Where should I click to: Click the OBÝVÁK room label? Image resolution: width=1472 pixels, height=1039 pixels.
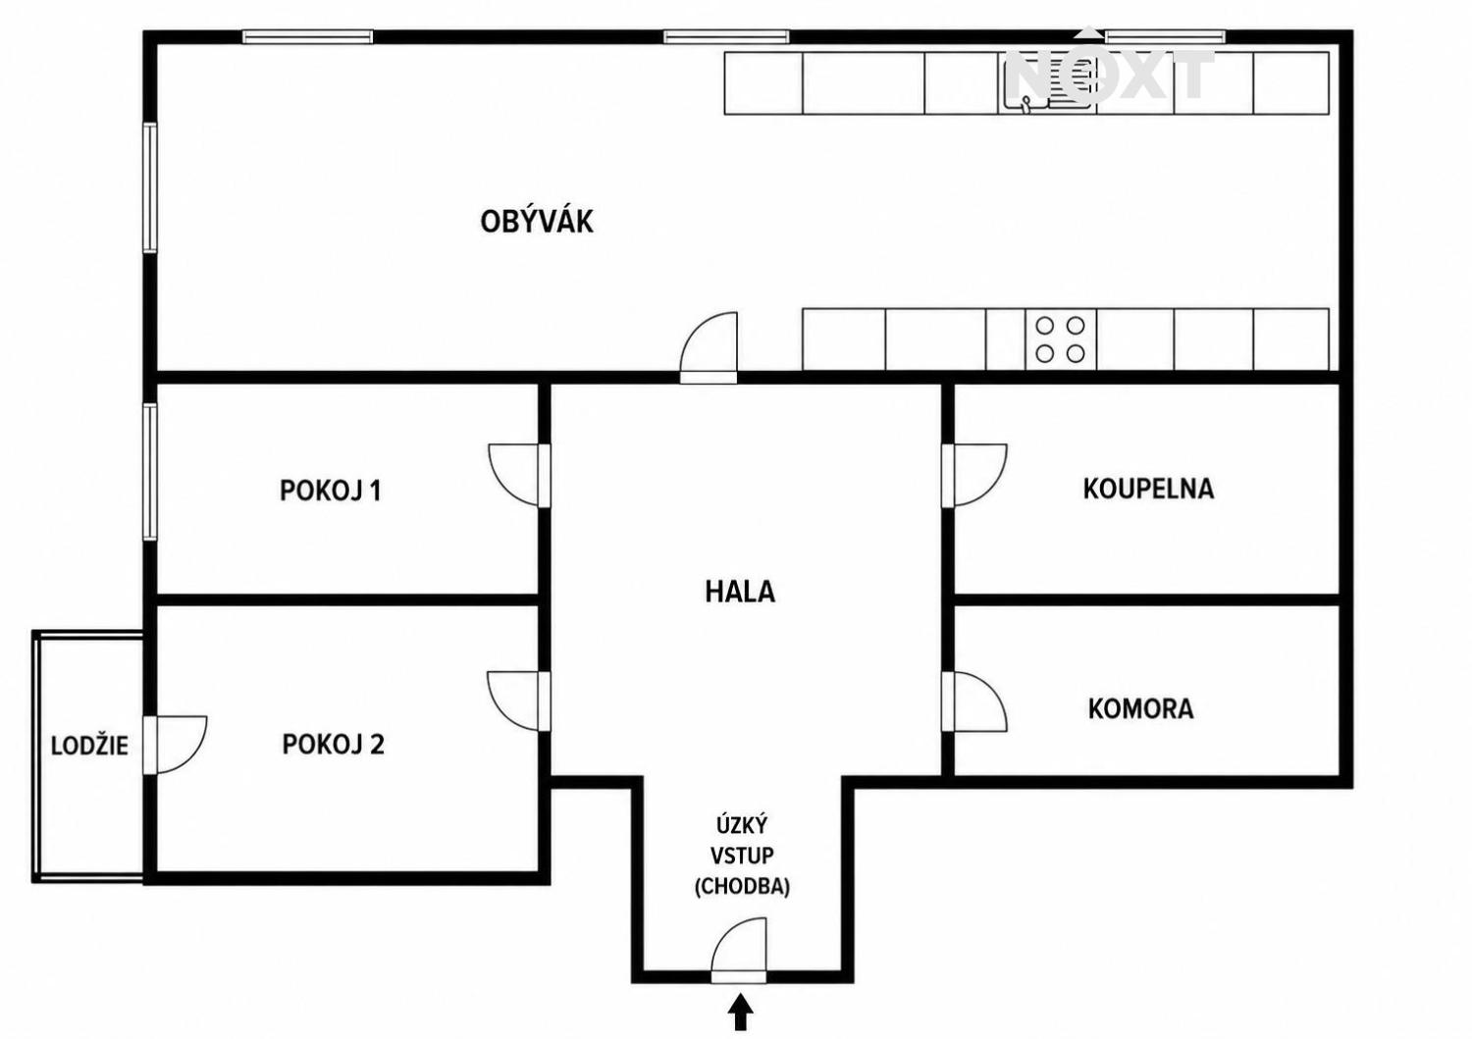536,221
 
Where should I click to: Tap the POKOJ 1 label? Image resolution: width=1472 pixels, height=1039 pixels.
331,491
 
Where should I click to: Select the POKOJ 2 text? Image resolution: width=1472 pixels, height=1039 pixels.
334,745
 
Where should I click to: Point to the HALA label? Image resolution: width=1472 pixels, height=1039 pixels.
740,593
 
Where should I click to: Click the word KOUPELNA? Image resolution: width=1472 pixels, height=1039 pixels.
1148,490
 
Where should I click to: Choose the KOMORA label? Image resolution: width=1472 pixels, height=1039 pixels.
1140,709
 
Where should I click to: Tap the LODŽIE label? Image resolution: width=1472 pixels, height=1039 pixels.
89,746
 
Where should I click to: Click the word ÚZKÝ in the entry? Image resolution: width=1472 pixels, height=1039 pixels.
742,825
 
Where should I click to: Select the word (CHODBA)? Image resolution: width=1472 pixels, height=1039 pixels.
742,887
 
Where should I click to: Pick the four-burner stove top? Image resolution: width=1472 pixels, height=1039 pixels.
1060,339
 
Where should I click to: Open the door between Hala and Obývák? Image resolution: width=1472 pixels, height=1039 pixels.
709,347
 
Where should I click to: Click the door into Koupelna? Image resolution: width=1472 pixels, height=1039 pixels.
973,475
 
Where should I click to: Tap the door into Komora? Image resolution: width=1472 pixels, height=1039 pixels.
973,701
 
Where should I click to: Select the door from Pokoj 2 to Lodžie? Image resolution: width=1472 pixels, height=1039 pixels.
175,745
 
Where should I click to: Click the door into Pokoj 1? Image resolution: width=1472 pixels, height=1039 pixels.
519,475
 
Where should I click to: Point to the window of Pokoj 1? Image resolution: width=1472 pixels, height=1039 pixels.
150,472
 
